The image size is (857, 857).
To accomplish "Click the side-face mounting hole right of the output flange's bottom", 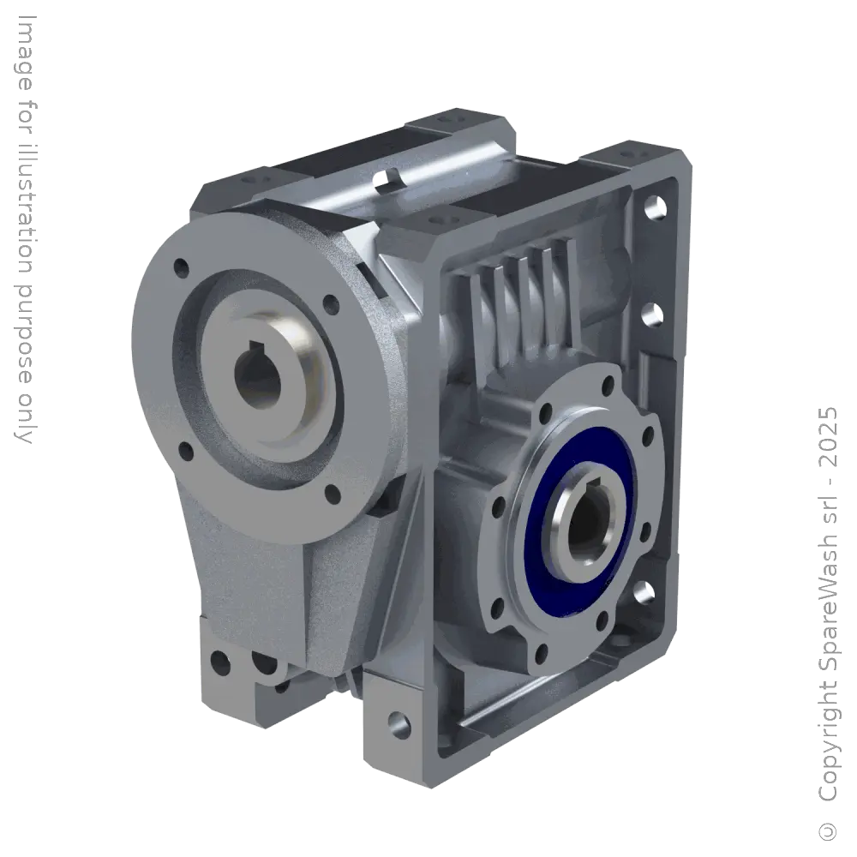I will click(641, 591).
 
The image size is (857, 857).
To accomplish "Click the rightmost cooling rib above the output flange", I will click(562, 257).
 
